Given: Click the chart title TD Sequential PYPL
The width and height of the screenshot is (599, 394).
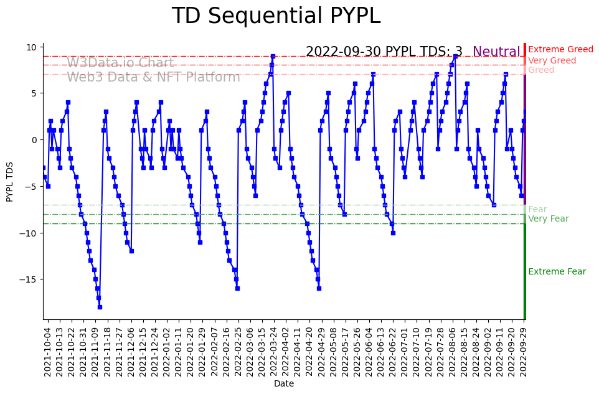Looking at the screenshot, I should pos(276,16).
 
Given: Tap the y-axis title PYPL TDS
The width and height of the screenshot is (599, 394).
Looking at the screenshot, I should pos(10,181).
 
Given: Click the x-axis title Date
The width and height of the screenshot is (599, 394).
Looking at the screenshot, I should pos(284,384).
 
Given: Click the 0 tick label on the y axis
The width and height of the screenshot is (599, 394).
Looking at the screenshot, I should pos(35,140).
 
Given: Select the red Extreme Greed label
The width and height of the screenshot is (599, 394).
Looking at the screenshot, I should pos(560,50).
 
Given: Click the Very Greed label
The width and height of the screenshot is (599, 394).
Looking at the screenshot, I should pos(552,61).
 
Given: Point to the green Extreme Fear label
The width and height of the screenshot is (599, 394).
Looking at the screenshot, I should pos(557,272).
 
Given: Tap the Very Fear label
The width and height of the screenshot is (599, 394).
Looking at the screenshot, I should pos(549,219).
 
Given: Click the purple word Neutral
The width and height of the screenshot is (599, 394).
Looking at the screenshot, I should pos(496,52).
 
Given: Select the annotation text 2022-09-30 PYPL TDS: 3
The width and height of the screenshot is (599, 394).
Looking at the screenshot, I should pos(384,52).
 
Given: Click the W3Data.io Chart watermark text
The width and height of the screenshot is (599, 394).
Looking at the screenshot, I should pos(120,63).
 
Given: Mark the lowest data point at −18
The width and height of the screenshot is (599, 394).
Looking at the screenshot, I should pos(100,307).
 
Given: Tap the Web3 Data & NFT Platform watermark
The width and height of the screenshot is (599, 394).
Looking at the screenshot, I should pos(153,77).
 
